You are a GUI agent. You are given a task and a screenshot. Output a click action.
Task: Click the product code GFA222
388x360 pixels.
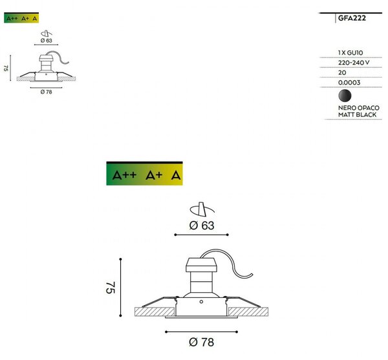click(352, 18)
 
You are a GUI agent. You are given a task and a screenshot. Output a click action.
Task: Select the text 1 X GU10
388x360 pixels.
click(350, 52)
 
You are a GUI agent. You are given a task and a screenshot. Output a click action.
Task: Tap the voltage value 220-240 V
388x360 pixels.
click(354, 63)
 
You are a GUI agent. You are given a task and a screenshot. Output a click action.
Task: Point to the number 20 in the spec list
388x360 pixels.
click(342, 72)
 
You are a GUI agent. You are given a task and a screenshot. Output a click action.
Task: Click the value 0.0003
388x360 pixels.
click(349, 83)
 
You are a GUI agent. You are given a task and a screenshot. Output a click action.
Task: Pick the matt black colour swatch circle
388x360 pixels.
click(345, 96)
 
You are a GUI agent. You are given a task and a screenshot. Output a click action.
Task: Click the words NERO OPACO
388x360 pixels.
click(358, 108)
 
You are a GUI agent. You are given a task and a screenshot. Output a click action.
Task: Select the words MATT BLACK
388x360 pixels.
click(357, 115)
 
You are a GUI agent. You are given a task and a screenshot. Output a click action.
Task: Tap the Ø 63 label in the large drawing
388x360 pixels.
click(201, 226)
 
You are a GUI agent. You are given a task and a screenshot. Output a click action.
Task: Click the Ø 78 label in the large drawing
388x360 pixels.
click(201, 342)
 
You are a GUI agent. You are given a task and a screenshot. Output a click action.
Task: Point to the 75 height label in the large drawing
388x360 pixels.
click(111, 288)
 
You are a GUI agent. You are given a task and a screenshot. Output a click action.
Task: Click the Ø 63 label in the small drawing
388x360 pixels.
click(47, 41)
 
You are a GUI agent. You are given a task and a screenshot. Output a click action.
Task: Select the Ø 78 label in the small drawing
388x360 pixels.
click(47, 92)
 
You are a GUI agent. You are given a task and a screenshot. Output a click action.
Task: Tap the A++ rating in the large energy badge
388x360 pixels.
click(124, 175)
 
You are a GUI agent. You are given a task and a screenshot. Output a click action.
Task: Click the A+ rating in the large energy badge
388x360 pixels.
click(154, 175)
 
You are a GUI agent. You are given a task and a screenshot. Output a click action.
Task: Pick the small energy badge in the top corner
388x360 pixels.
click(21, 17)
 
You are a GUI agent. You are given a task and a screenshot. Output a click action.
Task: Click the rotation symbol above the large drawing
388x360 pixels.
click(202, 209)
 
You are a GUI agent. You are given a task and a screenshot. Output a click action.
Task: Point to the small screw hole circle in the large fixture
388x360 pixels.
click(201, 302)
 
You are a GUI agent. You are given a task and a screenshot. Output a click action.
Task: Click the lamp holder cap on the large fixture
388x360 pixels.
click(201, 265)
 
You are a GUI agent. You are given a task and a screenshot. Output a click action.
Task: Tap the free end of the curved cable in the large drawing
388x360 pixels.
click(252, 274)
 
